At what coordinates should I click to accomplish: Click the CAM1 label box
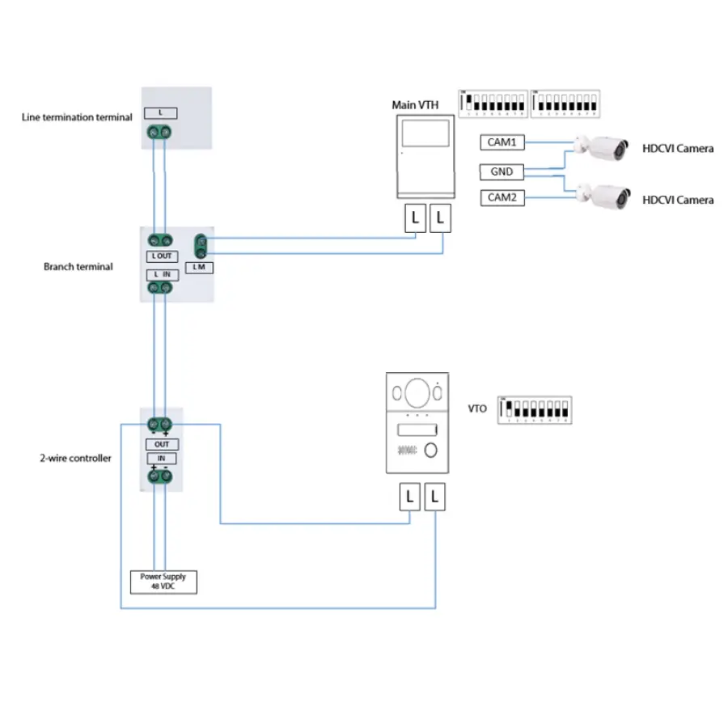[502, 142]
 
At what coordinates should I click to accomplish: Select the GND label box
[502, 171]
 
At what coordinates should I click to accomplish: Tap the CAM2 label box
[502, 197]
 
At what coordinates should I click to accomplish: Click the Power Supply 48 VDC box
[163, 582]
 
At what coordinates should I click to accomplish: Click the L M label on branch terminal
[199, 267]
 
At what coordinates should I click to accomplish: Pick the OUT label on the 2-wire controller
[163, 444]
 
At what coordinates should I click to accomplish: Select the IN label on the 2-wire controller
[163, 459]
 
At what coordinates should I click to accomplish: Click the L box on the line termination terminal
[160, 113]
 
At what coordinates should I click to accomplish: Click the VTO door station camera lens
[417, 393]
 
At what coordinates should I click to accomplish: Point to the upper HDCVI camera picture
[603, 147]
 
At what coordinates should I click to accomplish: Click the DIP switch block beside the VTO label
[534, 409]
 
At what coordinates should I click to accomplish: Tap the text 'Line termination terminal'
[77, 117]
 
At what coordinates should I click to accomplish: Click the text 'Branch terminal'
[78, 266]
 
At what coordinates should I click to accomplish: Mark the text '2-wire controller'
[76, 458]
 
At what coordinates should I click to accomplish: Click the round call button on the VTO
[431, 451]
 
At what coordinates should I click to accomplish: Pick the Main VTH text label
[415, 105]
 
